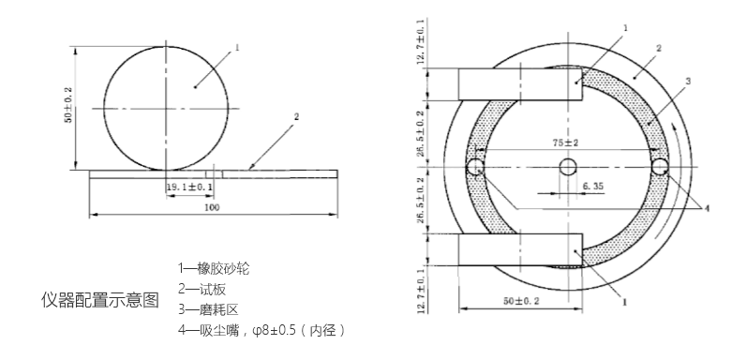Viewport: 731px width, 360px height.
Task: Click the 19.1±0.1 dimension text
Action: (189, 187)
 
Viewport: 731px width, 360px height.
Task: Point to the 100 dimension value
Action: (212, 207)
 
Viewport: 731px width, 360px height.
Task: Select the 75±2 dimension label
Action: (565, 142)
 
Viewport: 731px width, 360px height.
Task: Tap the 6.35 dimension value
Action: (593, 186)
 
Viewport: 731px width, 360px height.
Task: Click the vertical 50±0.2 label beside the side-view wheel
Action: (68, 105)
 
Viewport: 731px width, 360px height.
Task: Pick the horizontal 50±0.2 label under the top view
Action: (521, 301)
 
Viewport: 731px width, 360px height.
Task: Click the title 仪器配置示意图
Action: (100, 300)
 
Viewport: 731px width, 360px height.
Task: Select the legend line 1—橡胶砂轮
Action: (214, 268)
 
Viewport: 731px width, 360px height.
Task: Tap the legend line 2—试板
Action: (201, 289)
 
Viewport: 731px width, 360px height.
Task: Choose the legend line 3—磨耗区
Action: (208, 309)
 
